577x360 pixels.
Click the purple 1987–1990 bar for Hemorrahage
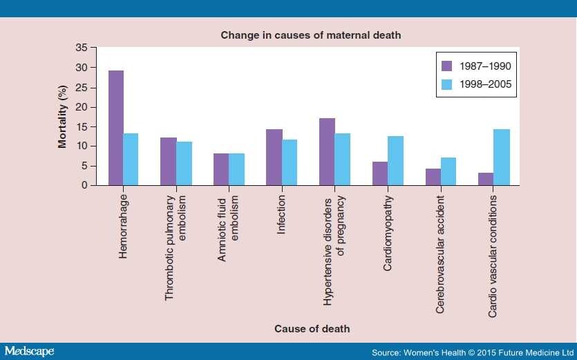(115, 129)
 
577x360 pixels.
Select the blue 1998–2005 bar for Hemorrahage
(131, 160)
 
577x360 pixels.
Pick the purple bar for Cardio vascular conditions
(486, 179)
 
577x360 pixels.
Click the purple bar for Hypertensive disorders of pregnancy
(327, 152)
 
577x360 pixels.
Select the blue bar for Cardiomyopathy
(395, 161)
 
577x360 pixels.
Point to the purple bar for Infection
(274, 158)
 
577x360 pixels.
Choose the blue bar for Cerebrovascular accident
(448, 171)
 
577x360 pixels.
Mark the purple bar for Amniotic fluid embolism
(221, 169)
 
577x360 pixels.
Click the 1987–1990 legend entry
(477, 66)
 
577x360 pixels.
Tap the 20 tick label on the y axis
(82, 107)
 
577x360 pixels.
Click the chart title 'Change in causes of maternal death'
(311, 35)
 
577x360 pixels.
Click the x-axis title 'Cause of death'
(312, 329)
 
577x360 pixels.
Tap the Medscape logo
(29, 351)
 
